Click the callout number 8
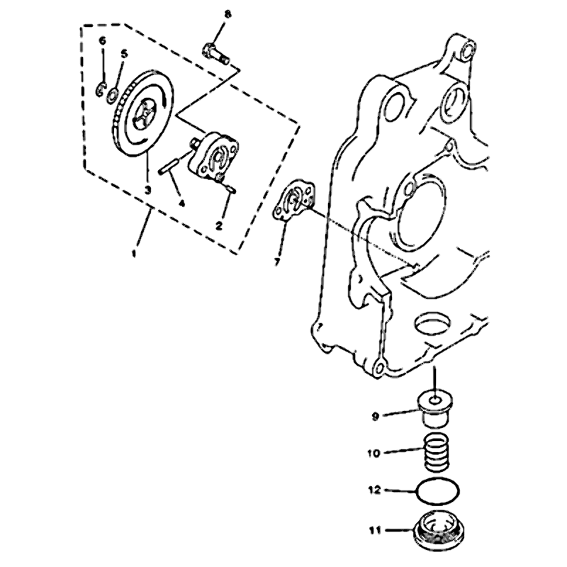point(227,15)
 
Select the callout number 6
point(103,41)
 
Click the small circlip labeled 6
point(100,90)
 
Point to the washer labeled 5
point(112,94)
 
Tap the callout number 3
point(147,189)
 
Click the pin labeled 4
point(169,167)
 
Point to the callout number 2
point(219,226)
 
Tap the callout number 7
point(277,262)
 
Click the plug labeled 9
point(435,409)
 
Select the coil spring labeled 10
point(437,453)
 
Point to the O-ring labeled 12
point(437,490)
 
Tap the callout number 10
point(374,453)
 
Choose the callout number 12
point(374,490)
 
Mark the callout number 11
point(375,531)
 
